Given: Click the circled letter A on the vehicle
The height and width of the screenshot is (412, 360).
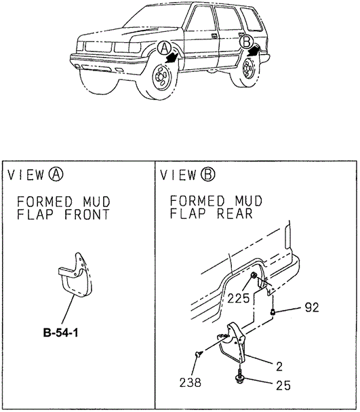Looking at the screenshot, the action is tap(164, 48).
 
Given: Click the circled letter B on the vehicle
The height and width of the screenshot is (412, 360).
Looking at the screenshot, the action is tap(246, 41).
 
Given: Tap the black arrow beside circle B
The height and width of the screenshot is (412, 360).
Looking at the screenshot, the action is tap(254, 50).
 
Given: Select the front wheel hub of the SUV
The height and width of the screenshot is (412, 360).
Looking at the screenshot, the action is tap(160, 77).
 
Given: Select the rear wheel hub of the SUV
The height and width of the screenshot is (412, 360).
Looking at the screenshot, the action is tap(248, 69).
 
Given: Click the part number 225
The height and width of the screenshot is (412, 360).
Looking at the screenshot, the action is tap(238, 299).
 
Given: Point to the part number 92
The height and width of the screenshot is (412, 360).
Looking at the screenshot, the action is tap(312, 307).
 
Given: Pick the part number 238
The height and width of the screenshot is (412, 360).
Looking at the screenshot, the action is tap(191, 382).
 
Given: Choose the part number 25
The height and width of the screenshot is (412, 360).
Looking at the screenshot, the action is tap(283, 386).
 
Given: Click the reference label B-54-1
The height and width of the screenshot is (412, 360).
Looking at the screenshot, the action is tap(60, 333).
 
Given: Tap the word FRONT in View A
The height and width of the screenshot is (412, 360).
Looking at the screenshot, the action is tap(87, 214).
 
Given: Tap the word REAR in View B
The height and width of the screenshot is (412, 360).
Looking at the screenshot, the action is tap(235, 213).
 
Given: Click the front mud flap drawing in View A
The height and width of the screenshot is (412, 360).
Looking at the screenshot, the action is tap(76, 276).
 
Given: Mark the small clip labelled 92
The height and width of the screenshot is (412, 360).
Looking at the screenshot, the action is tap(273, 312).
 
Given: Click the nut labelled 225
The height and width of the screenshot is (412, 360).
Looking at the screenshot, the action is tap(254, 276).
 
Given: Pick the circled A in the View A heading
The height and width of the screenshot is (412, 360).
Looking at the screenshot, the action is tap(56, 174).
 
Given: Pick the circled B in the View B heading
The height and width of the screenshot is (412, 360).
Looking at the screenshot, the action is tap(208, 174).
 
